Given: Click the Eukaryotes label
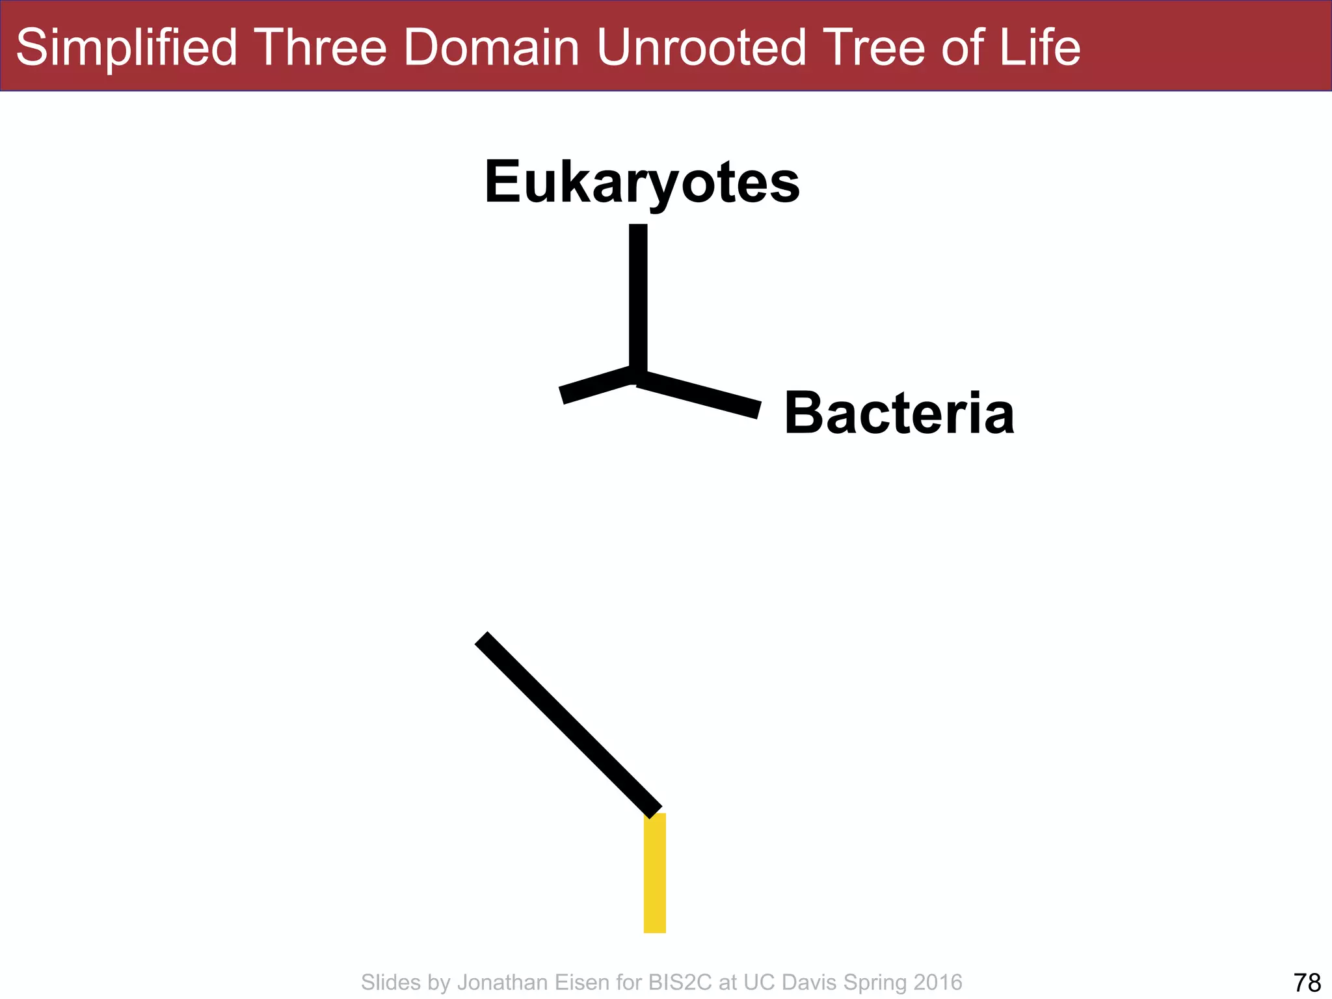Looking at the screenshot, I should pyautogui.click(x=642, y=183).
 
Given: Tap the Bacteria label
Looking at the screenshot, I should pyautogui.click(x=899, y=414).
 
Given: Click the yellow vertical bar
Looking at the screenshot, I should pyautogui.click(x=654, y=873).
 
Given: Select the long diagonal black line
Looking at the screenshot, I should pyautogui.click(x=568, y=725).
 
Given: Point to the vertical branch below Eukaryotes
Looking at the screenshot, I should pyautogui.click(x=638, y=299).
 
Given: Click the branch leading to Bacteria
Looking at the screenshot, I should pyautogui.click(x=699, y=394).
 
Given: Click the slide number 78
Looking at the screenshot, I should pyautogui.click(x=1307, y=982).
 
